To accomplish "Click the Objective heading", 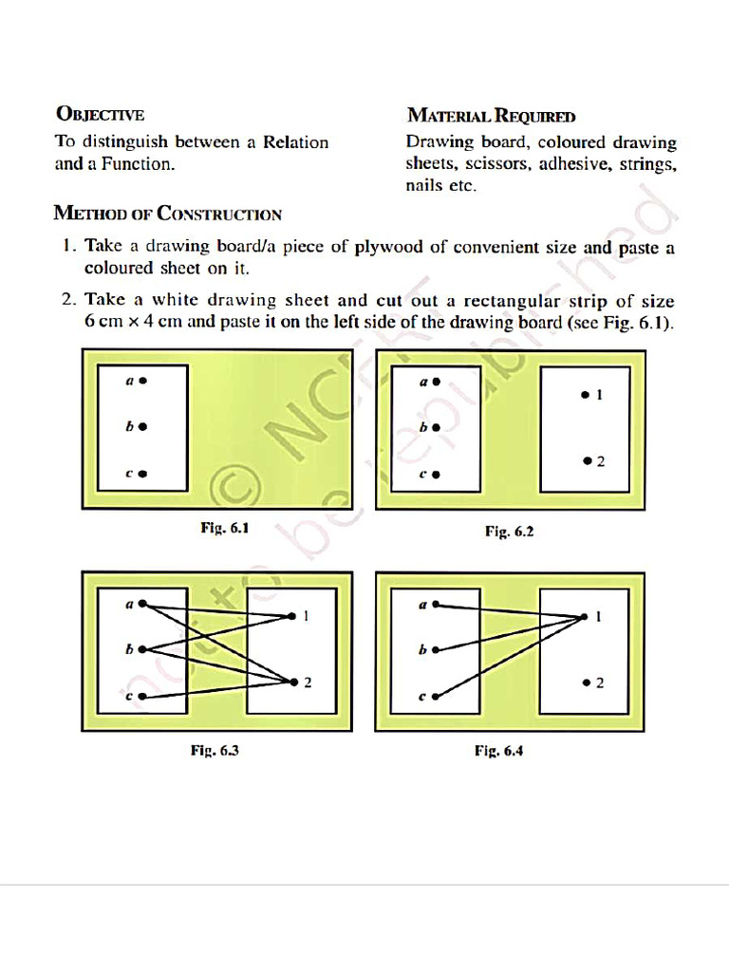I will pyautogui.click(x=100, y=115).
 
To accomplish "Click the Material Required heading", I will pyautogui.click(x=491, y=116).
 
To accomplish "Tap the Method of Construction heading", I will pyautogui.click(x=167, y=213).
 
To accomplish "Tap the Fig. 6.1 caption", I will pyautogui.click(x=225, y=529).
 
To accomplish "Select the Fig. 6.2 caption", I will pyautogui.click(x=510, y=532).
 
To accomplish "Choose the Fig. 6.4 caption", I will pyautogui.click(x=499, y=751).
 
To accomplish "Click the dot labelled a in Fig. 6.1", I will pyautogui.click(x=143, y=382).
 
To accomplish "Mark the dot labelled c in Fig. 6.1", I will pyautogui.click(x=143, y=474).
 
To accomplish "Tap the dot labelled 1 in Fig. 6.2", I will pyautogui.click(x=585, y=394).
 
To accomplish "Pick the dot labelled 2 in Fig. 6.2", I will pyautogui.click(x=588, y=461).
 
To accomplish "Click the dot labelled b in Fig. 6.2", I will pyautogui.click(x=437, y=428).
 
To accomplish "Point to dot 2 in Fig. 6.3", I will pyautogui.click(x=292, y=682).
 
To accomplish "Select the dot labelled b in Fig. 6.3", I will pyautogui.click(x=142, y=650).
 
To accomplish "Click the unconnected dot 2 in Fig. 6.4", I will pyautogui.click(x=587, y=682).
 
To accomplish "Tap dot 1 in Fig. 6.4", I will pyautogui.click(x=584, y=618).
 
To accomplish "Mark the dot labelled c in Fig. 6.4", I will pyautogui.click(x=436, y=697).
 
